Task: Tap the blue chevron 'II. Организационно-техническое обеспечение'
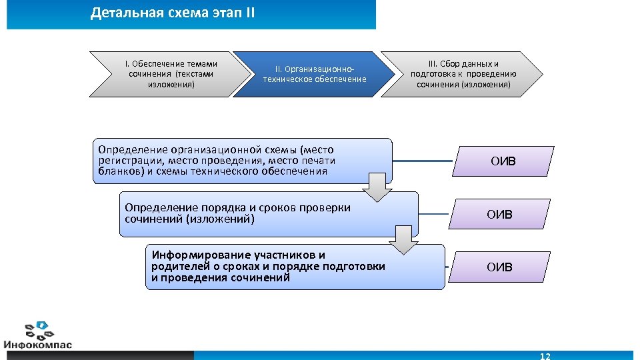pos(314,74)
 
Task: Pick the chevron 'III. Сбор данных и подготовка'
pos(463,74)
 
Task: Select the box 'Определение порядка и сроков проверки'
pos(267,213)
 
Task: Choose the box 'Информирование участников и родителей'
pos(293,267)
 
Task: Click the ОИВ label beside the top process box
pos(503,161)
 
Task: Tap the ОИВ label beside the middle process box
pos(500,215)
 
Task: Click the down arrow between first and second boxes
pos(378,187)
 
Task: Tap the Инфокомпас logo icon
pos(37,330)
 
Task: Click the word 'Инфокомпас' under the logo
pos(37,345)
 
